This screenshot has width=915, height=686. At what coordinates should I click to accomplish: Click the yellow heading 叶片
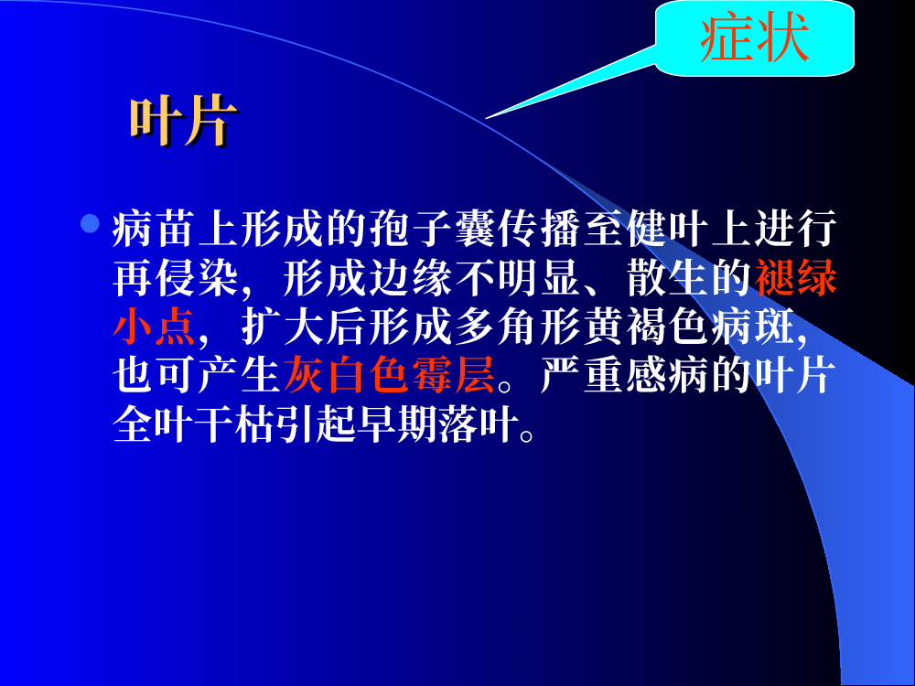tap(184, 121)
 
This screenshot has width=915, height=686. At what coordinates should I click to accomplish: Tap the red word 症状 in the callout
tap(755, 38)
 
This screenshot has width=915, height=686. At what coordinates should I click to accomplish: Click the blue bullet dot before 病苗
tap(90, 223)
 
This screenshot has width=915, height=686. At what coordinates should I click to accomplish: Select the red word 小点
tap(155, 327)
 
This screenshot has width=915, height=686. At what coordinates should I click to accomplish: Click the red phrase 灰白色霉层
tap(389, 374)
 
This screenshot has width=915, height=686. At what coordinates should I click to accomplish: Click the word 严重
tap(583, 374)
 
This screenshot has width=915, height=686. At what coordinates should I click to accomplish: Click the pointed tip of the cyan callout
tap(485, 119)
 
